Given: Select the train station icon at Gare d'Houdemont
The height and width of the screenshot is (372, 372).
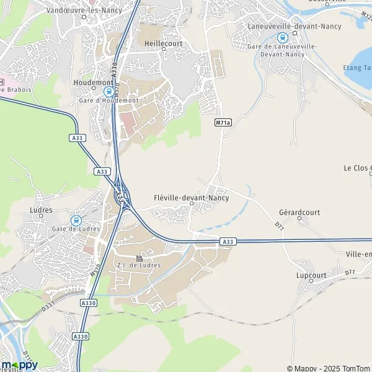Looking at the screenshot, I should (108, 91).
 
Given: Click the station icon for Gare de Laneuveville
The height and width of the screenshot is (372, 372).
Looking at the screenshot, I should (283, 37).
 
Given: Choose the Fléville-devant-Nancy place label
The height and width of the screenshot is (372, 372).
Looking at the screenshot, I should (191, 198).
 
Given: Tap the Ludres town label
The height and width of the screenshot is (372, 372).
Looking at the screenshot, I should (41, 210).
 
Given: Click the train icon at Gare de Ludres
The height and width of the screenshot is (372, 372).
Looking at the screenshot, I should (76, 220).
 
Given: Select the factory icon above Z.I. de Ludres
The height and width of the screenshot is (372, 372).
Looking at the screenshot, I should (139, 258).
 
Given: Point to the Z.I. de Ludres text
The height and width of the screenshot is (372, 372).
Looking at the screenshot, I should (139, 266).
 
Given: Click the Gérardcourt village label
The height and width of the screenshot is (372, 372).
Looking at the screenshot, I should (299, 212).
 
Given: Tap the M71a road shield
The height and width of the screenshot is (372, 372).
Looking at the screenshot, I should (223, 123).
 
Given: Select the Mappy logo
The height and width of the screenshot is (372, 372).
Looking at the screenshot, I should (20, 365).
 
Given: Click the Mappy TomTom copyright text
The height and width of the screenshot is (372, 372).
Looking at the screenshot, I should (328, 368).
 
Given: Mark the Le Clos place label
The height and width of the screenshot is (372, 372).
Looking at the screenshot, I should (357, 168).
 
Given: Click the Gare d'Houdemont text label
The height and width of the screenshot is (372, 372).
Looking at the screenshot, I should (108, 100).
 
